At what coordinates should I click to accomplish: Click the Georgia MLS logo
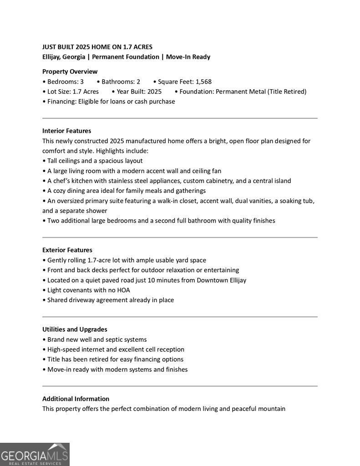[x=35, y=454]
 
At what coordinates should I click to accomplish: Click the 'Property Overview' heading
[x=70, y=71]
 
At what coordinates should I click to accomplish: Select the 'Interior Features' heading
[x=66, y=131]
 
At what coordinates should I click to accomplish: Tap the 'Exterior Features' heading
[x=67, y=250]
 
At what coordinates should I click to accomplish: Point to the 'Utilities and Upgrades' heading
[x=75, y=329]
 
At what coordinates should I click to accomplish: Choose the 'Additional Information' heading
[x=76, y=399]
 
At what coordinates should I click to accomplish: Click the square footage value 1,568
[x=203, y=82]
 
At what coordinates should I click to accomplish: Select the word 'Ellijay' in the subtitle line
[x=51, y=57]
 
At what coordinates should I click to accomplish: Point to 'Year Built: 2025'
[x=139, y=91]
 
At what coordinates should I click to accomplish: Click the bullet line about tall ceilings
[x=95, y=161]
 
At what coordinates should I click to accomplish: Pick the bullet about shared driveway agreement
[x=110, y=300]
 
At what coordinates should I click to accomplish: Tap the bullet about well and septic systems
[x=96, y=339]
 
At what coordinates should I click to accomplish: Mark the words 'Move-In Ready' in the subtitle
[x=188, y=57]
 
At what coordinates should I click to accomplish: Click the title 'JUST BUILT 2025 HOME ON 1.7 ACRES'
[x=97, y=47]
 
